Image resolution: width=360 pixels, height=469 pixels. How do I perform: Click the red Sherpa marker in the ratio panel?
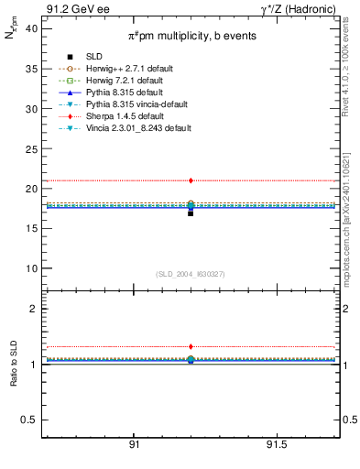191,347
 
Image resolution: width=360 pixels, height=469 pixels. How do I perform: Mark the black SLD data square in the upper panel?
191,213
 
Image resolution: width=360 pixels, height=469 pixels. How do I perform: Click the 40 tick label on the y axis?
31,28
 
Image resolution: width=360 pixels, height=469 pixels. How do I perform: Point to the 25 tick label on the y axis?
31,148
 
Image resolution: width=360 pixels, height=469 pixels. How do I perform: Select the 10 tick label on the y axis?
31,268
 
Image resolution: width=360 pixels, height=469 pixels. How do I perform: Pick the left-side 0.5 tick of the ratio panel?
29,420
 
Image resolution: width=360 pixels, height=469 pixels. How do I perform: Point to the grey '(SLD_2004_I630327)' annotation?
191,274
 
